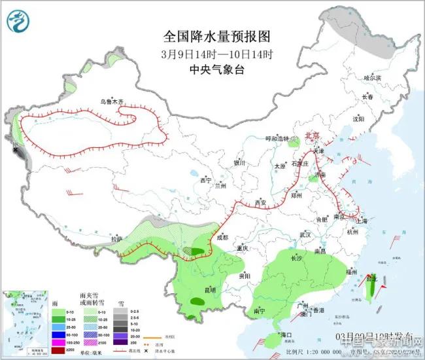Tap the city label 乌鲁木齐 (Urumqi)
click(x=111, y=101)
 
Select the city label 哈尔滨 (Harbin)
click(x=371, y=78)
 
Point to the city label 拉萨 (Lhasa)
click(x=116, y=239)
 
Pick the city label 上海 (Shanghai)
click(x=361, y=221)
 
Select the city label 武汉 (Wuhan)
click(x=305, y=234)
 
